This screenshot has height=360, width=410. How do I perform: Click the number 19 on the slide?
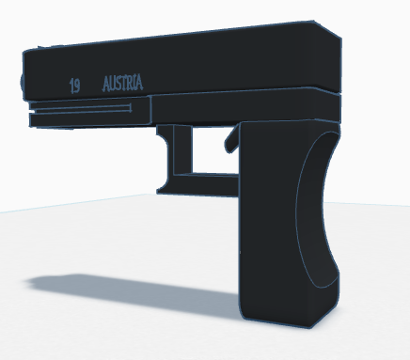pyautogui.click(x=75, y=86)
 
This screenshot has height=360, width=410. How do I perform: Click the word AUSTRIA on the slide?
pyautogui.click(x=123, y=83)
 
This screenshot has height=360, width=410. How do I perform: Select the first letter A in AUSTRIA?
pyautogui.click(x=106, y=84)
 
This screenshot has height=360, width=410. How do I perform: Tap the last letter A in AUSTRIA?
pyautogui.click(x=139, y=83)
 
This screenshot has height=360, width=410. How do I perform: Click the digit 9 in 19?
pyautogui.click(x=77, y=86)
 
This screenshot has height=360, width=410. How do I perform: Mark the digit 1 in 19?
pyautogui.click(x=71, y=86)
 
